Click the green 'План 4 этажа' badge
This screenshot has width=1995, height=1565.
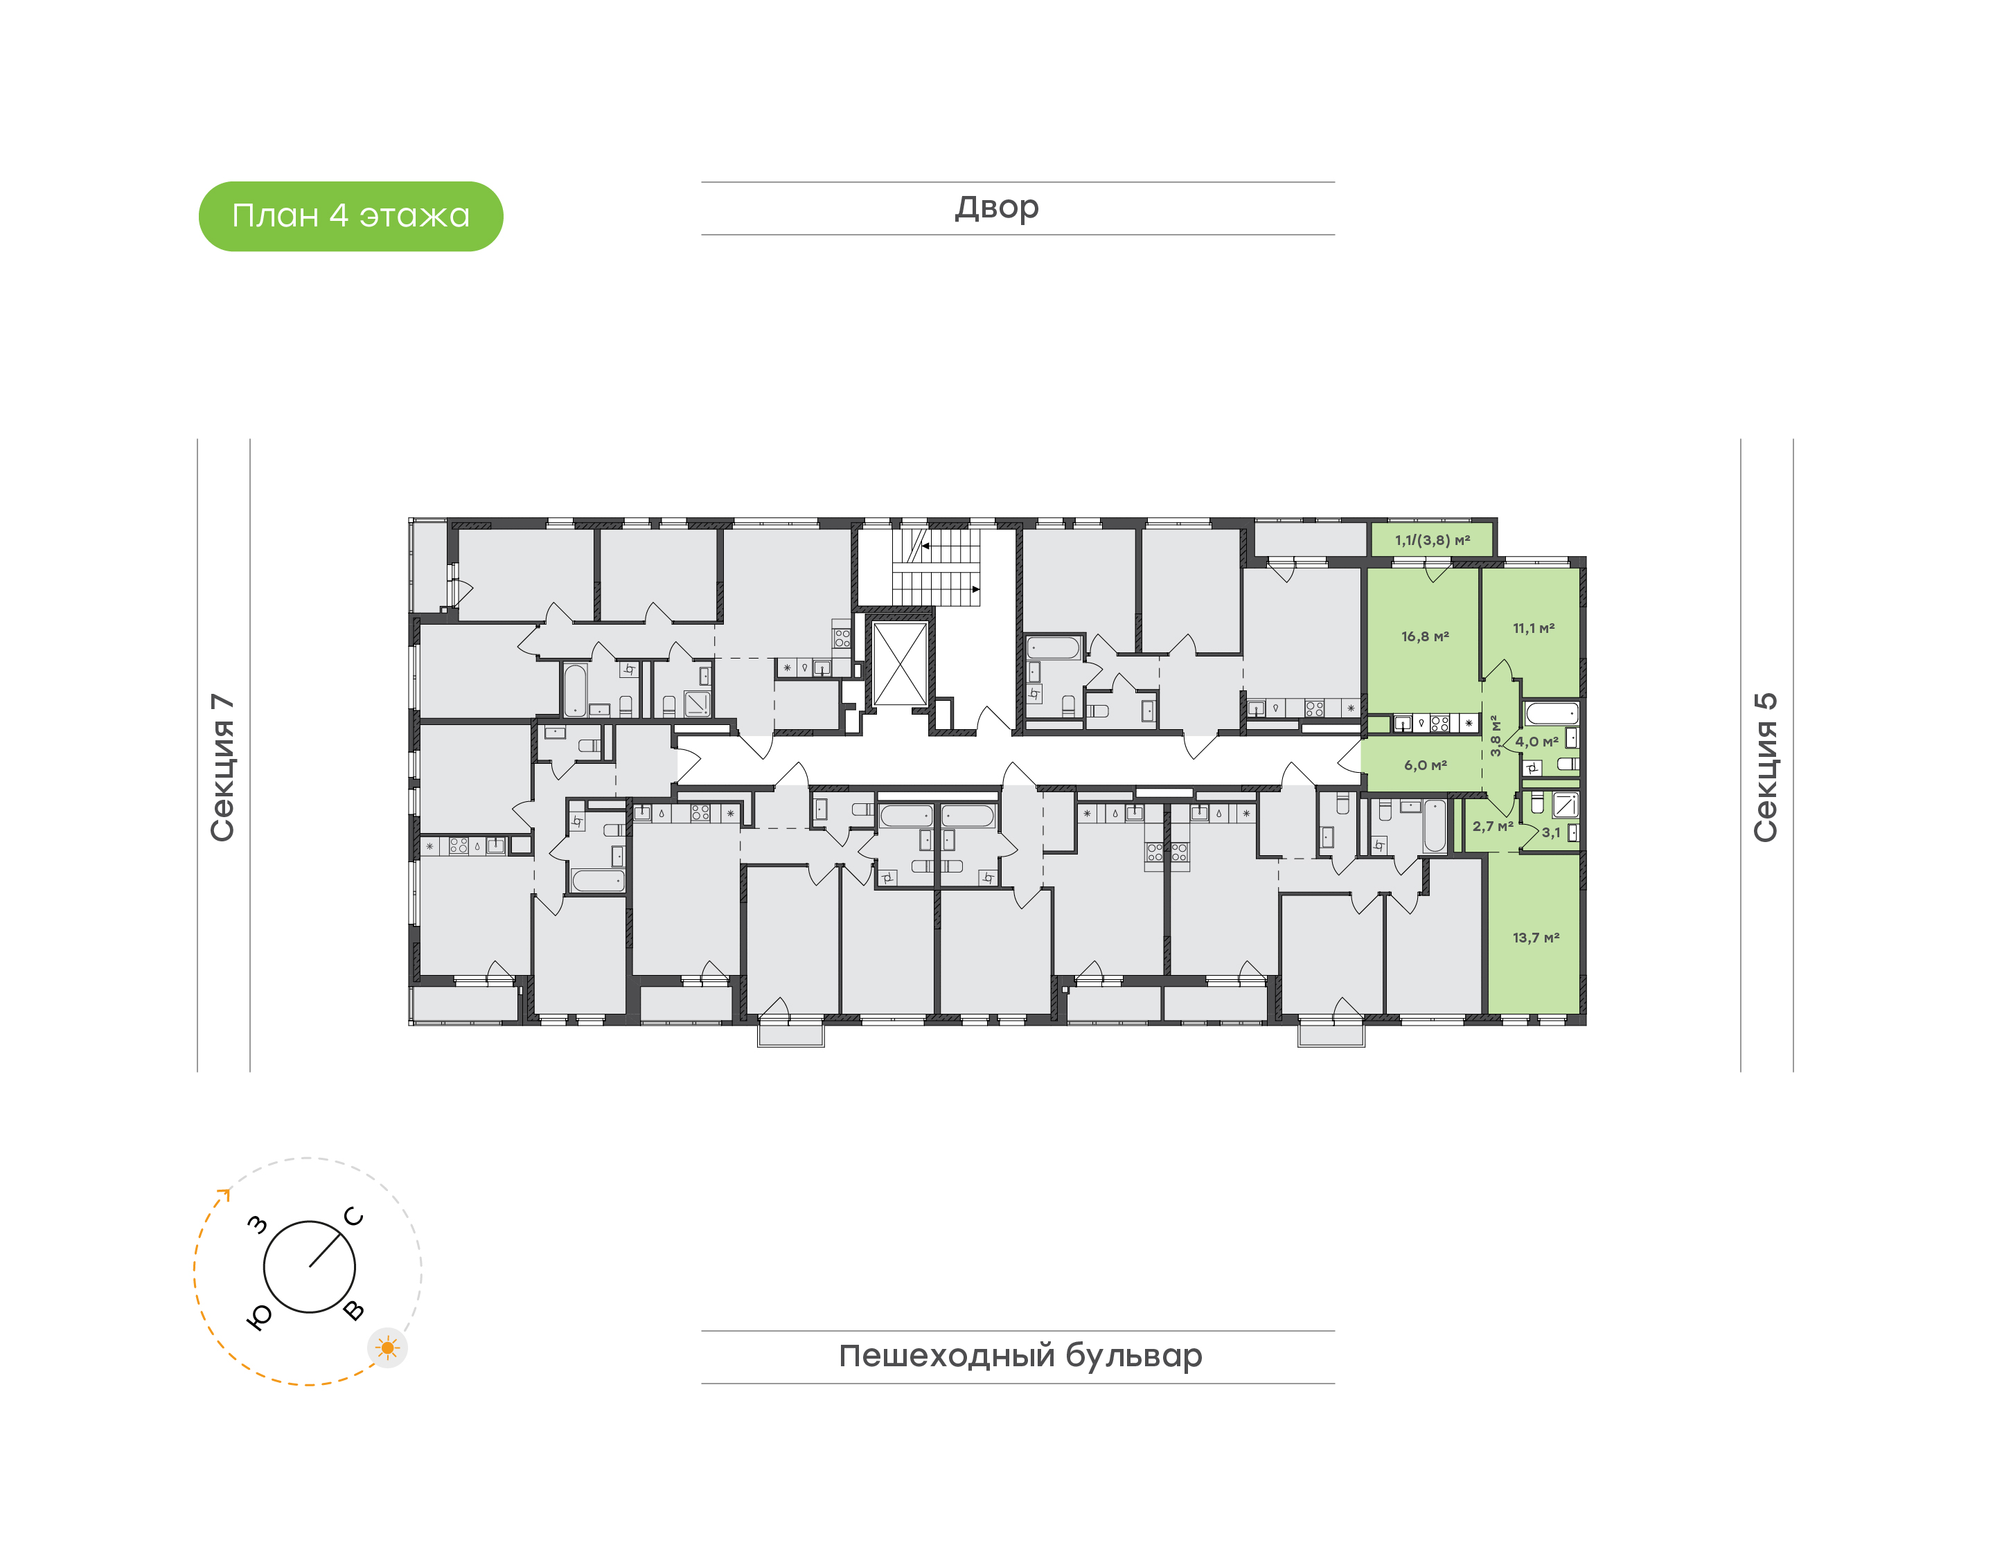(351, 216)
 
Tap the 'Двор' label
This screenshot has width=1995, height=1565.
(997, 208)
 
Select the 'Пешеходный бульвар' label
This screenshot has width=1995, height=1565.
(1020, 1356)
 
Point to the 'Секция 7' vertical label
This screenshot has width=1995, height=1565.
(222, 767)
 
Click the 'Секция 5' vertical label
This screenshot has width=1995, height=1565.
(1766, 767)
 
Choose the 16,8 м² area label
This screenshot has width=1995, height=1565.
(1425, 636)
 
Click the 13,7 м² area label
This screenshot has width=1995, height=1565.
(1536, 938)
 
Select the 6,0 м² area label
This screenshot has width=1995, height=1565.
(1426, 765)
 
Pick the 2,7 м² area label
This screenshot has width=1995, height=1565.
(1493, 825)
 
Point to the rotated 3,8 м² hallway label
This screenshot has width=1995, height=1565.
(1496, 736)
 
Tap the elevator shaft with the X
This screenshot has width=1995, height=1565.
(900, 663)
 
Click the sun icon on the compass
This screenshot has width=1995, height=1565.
(388, 1348)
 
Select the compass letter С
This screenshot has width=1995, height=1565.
(354, 1217)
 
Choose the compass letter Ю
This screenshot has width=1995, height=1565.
(259, 1316)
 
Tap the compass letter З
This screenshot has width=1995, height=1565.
(258, 1224)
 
